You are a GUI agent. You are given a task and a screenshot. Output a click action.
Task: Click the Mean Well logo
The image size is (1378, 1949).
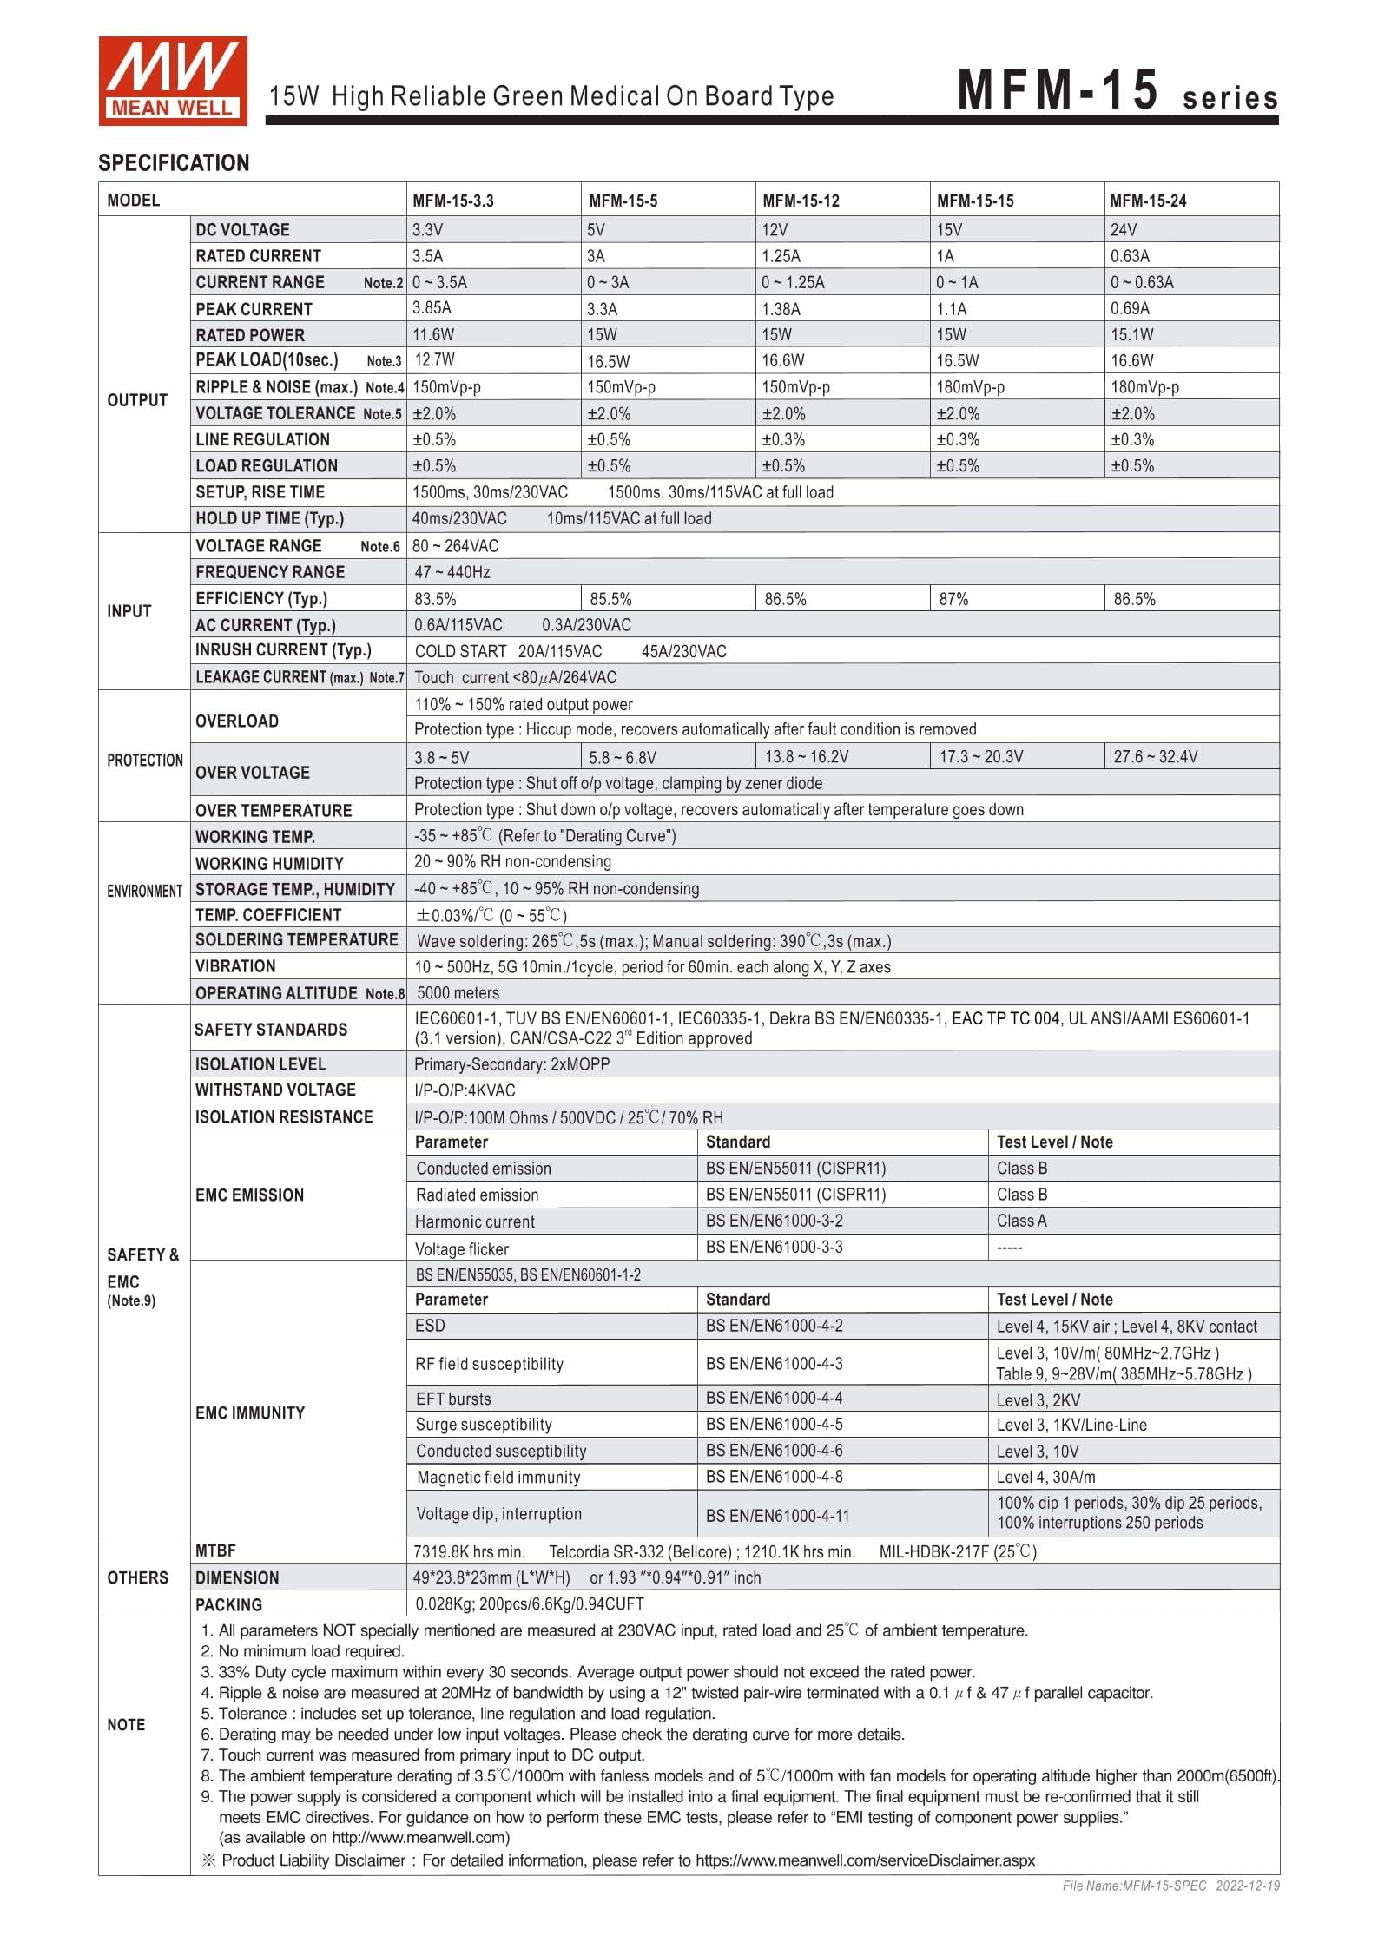point(172,81)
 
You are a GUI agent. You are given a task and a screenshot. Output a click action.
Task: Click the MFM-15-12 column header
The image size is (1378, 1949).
point(801,201)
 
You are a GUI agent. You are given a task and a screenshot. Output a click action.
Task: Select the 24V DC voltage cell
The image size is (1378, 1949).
point(1123,230)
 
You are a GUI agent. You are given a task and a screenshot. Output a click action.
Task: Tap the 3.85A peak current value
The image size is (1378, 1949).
point(432,308)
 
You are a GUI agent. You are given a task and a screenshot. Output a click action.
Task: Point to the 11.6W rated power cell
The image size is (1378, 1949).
point(433,335)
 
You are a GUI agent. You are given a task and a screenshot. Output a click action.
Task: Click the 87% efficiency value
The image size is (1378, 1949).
point(953,599)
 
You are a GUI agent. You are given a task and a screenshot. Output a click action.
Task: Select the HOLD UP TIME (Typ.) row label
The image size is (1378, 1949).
point(269,519)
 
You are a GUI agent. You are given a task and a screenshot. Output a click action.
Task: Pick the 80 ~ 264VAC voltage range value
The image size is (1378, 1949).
point(456,546)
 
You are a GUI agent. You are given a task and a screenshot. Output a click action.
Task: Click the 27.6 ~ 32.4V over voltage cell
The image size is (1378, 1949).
point(1155,756)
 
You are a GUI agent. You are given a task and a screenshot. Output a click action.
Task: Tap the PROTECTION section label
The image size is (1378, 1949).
point(144,761)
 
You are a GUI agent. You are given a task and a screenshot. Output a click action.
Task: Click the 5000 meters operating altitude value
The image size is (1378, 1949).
point(458,993)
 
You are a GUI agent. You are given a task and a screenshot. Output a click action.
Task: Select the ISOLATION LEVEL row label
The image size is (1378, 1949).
point(260,1064)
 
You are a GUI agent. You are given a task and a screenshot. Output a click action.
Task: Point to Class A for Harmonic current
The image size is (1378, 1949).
point(1021,1221)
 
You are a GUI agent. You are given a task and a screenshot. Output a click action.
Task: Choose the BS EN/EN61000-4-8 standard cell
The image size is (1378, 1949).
point(774,1477)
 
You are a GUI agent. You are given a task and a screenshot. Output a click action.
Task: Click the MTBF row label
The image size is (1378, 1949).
point(215,1551)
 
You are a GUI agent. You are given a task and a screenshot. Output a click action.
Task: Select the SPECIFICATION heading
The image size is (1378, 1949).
point(174,163)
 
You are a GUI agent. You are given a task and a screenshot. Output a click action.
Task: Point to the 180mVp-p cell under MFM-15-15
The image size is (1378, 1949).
point(970,387)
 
